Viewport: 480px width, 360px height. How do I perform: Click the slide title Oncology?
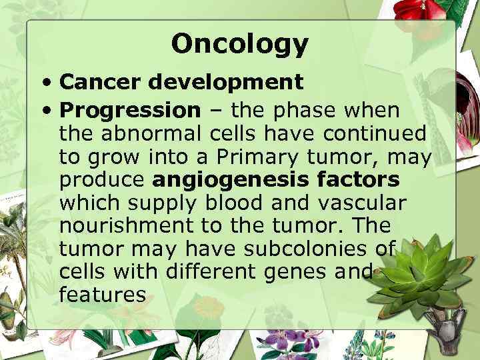pyautogui.click(x=239, y=44)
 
